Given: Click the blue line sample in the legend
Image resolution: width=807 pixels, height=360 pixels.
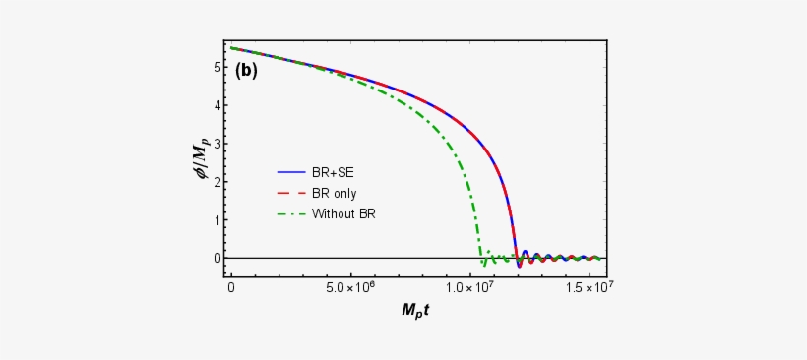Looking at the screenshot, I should point(289,172).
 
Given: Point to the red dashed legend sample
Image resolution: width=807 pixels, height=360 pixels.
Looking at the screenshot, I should point(289,193).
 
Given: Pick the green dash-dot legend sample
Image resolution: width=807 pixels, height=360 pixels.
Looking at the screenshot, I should point(289,213).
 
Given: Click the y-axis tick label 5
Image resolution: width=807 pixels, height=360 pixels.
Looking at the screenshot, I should point(214,67).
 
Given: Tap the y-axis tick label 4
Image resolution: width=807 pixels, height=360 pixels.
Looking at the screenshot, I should point(214,105).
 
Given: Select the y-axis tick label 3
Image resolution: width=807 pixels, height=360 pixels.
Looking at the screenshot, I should point(214,144).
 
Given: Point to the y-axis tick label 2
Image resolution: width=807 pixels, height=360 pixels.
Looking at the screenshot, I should point(214,182).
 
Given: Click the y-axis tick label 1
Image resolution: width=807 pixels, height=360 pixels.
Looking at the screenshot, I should point(214,220).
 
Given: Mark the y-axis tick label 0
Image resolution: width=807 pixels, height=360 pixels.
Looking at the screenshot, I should point(214,258).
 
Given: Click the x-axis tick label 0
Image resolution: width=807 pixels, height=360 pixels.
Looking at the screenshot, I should point(231,288).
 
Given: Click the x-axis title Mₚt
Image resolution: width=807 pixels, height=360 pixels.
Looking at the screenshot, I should point(416,311).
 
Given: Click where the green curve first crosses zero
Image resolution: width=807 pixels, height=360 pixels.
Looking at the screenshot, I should point(480,258).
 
